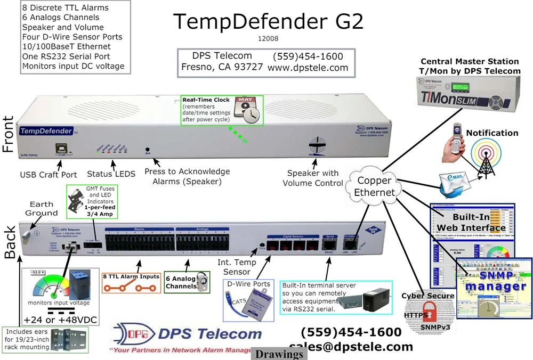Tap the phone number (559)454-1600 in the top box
click(x=308, y=56)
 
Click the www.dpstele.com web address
click(x=308, y=68)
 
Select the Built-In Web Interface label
click(x=471, y=223)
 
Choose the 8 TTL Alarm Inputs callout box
click(x=130, y=283)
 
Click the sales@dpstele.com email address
click(x=351, y=347)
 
